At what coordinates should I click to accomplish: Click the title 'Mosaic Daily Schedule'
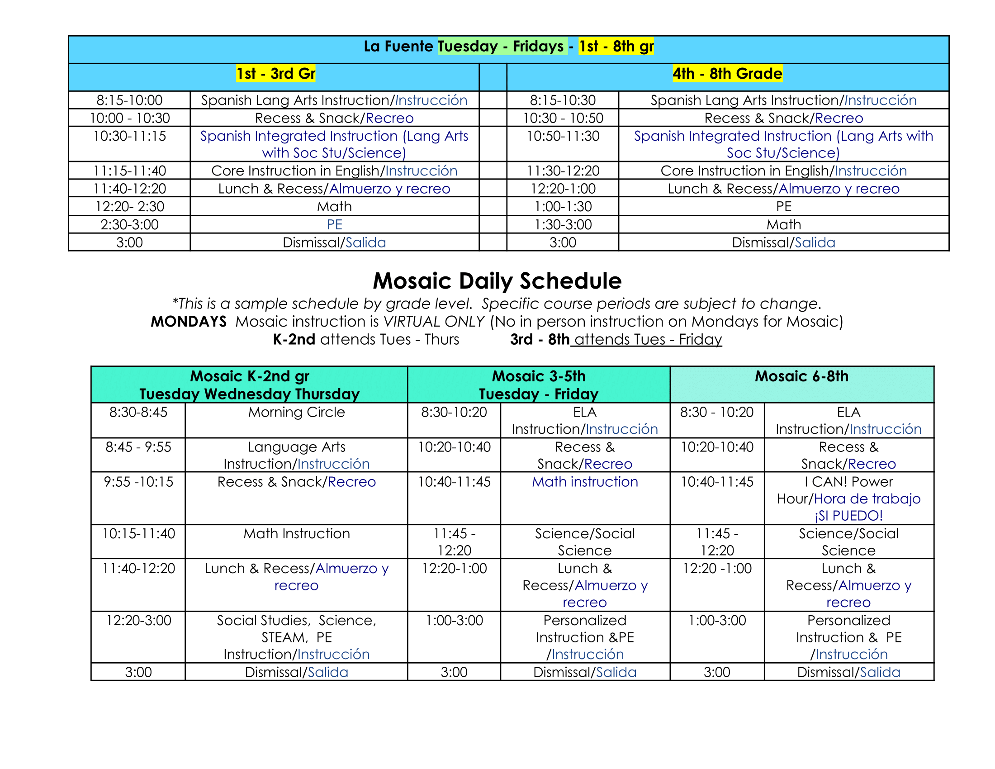[x=497, y=280]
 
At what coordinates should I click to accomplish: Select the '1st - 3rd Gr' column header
[x=275, y=73]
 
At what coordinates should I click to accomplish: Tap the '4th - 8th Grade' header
[x=727, y=73]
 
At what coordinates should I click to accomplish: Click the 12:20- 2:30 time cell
[x=129, y=206]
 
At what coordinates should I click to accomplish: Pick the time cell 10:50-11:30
[x=563, y=136]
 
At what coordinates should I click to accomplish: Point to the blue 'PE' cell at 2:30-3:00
[x=334, y=224]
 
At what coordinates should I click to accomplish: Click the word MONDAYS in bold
[x=189, y=322]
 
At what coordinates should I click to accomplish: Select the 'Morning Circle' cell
[x=297, y=412]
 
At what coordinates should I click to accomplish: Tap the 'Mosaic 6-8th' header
[x=801, y=376]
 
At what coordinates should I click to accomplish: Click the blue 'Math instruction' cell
[x=585, y=482]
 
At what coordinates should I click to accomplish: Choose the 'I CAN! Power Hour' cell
[x=848, y=498]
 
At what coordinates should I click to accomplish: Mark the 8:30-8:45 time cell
[x=138, y=412]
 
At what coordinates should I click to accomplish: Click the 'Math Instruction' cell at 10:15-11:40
[x=297, y=533]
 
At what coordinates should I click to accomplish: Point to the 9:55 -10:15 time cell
[x=138, y=482]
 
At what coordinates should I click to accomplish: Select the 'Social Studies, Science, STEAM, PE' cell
[x=297, y=637]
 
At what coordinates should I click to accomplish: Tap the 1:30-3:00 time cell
[x=563, y=224]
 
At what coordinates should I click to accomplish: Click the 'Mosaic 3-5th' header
[x=539, y=376]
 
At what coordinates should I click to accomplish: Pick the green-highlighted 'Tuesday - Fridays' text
[x=502, y=46]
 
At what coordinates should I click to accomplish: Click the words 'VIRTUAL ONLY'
[x=434, y=322]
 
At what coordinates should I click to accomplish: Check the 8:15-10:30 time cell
[x=563, y=100]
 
